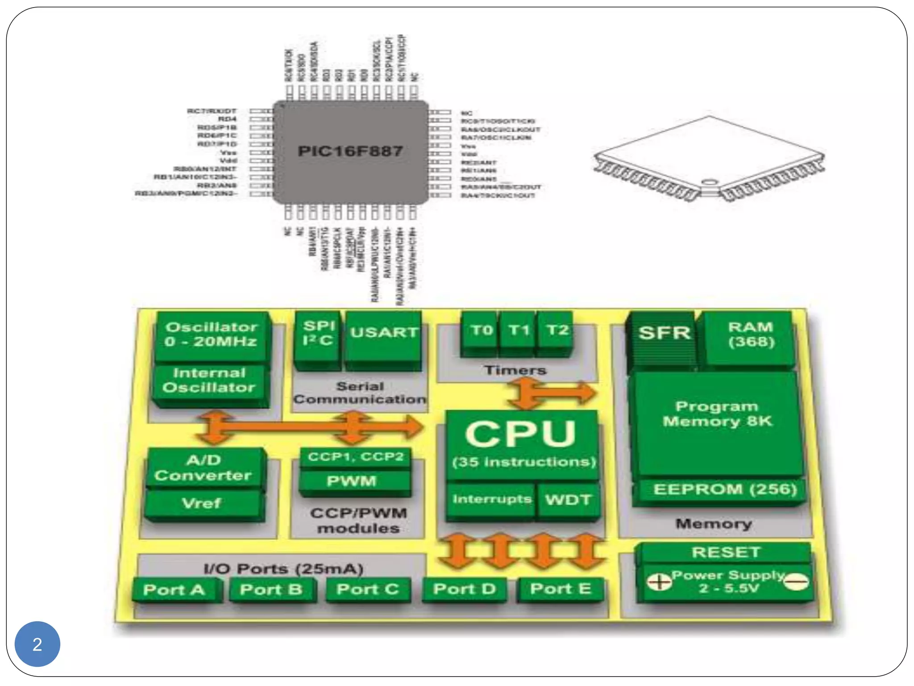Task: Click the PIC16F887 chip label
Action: (350, 151)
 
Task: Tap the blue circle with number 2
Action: (37, 644)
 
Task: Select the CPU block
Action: (521, 442)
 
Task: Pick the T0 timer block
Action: (480, 333)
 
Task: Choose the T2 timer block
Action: (556, 333)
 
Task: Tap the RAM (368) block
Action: (750, 337)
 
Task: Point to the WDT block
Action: (568, 499)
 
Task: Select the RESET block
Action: (725, 552)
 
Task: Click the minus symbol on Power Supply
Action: (797, 582)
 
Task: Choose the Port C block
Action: (367, 590)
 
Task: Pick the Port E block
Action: (561, 589)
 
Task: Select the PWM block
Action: (353, 481)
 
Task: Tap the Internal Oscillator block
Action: (210, 381)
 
